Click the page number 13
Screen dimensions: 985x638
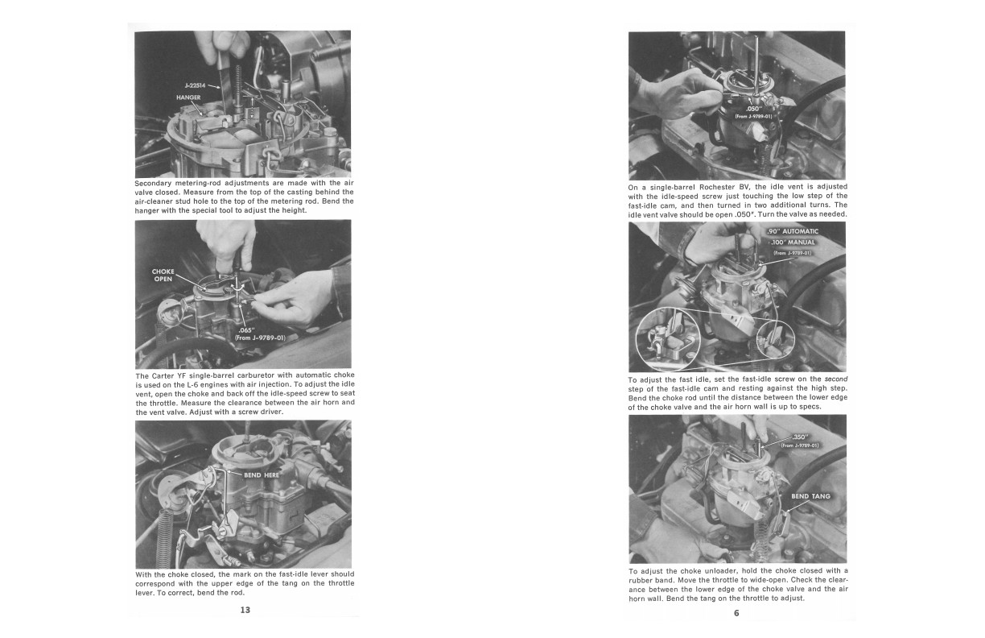[x=245, y=610]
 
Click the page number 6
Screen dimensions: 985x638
[x=736, y=613]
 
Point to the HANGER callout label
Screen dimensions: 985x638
[x=188, y=97]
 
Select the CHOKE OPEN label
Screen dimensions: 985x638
[x=163, y=275]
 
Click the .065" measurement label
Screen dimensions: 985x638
[x=245, y=330]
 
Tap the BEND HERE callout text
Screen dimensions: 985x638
[x=262, y=475]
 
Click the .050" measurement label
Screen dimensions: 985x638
[x=753, y=109]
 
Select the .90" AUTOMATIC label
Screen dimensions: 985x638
[x=793, y=232]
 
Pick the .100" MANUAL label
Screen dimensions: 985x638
[x=794, y=242]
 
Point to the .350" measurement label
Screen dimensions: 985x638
[x=800, y=437]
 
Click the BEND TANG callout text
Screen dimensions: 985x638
[x=811, y=496]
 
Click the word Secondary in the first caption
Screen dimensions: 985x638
[x=152, y=183]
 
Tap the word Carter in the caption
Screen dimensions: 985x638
[x=163, y=376]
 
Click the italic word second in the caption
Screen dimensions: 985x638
[x=836, y=379]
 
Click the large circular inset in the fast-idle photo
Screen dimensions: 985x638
[x=668, y=340]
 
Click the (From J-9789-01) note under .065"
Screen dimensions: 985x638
[x=260, y=338]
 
